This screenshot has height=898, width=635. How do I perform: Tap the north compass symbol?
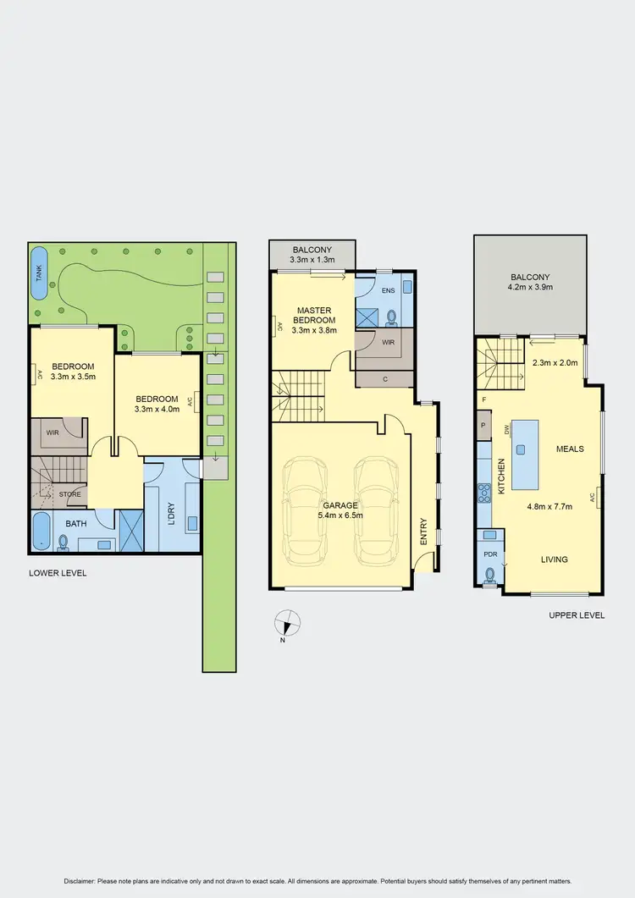coord(289,623)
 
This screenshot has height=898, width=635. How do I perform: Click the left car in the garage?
coord(304,512)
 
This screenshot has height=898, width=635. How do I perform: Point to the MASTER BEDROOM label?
coord(314,315)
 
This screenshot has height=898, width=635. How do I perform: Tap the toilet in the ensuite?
coord(391,317)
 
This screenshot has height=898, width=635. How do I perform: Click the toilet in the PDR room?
coord(490,575)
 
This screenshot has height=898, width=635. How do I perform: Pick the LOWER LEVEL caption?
coord(58,573)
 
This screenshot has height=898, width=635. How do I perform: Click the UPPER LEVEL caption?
coord(577,615)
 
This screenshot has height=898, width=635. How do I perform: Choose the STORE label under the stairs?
coord(69,493)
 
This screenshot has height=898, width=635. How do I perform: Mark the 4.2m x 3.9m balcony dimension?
coord(530,288)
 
